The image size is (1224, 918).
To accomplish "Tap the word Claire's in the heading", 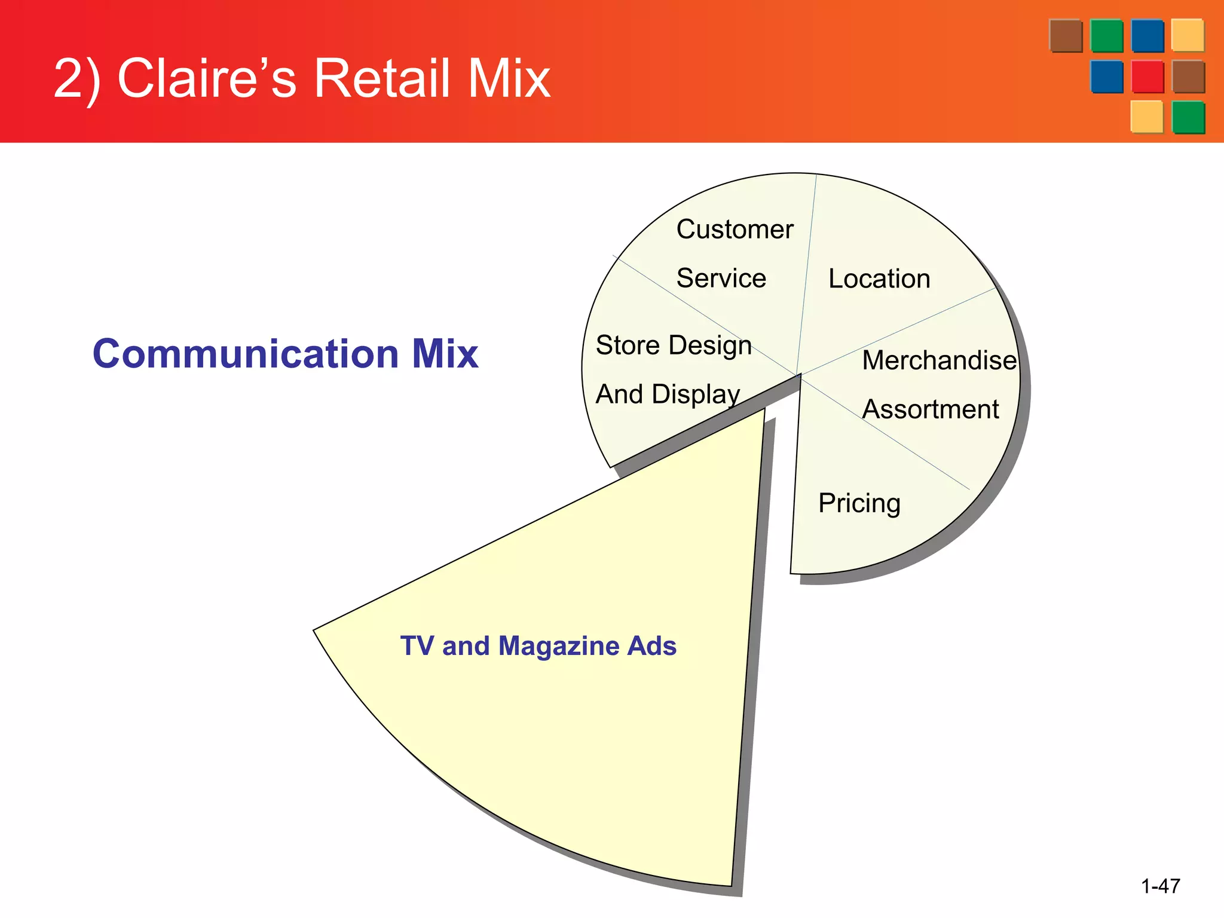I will tap(207, 79).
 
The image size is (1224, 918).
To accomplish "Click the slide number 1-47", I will tap(1160, 886).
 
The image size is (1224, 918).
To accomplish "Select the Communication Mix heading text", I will tap(285, 353).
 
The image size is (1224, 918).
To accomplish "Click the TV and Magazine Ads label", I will tap(538, 646).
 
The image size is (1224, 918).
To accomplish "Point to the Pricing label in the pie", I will tap(859, 503).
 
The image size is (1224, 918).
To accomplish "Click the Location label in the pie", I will tap(879, 279).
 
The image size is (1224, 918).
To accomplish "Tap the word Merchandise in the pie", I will tap(938, 360).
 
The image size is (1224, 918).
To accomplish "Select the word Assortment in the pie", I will tap(930, 409).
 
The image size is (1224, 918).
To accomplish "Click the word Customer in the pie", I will tap(735, 229).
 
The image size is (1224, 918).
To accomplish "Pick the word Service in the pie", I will tap(721, 279).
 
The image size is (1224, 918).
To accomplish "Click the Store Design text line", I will tap(674, 345).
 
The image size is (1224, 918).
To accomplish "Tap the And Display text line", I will tap(668, 394).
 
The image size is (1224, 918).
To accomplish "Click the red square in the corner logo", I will tap(1147, 76).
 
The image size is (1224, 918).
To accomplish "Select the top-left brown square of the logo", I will tap(1066, 36).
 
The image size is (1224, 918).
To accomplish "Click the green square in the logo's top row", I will tap(1106, 36).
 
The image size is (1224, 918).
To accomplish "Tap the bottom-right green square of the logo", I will tap(1188, 117).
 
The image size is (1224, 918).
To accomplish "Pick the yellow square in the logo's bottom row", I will tap(1147, 117).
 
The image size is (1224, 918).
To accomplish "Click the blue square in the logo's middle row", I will tap(1106, 76).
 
